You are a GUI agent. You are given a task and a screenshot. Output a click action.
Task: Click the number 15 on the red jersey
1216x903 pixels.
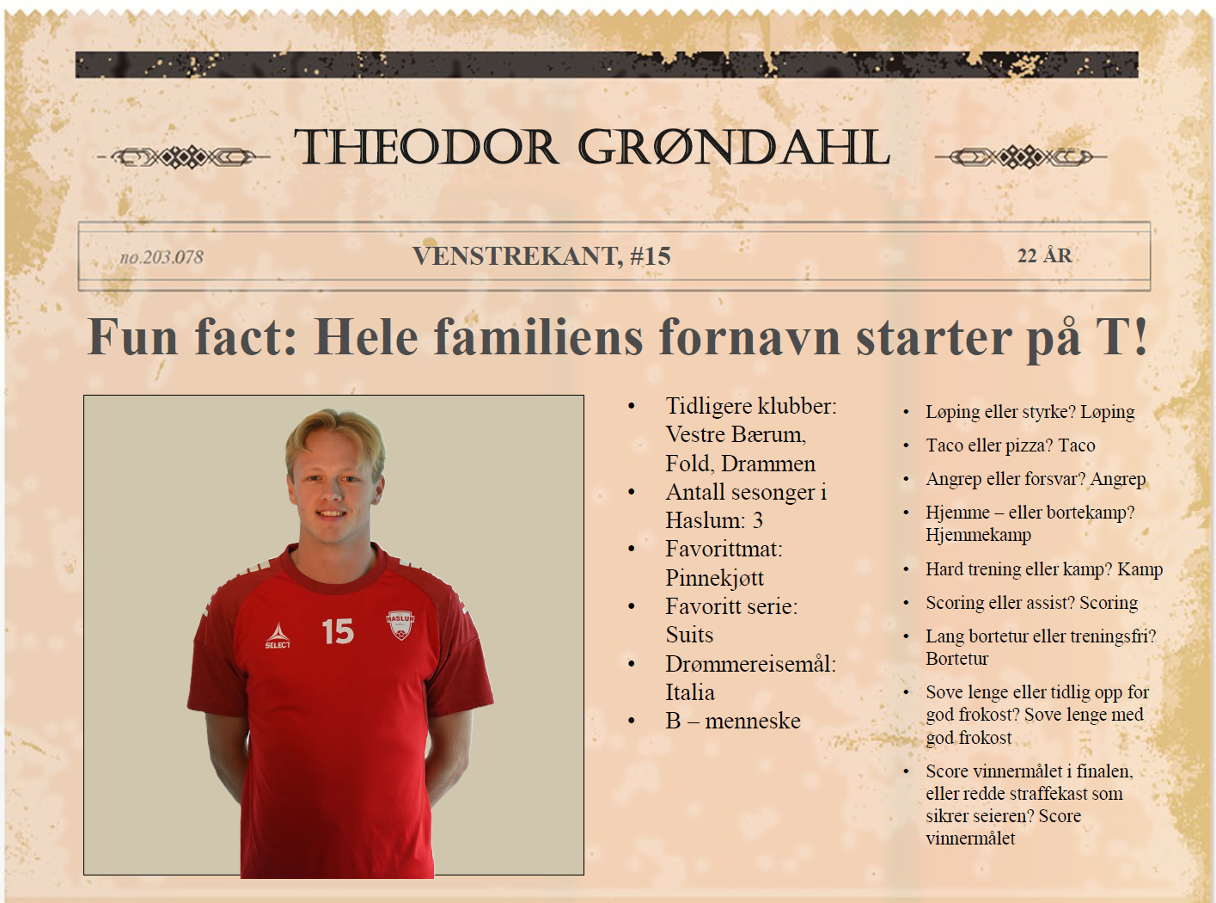coord(338,631)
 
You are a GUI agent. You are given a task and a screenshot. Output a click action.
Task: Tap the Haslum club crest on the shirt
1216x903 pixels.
coord(400,625)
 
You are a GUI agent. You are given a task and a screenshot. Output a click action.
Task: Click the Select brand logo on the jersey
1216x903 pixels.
coord(278,636)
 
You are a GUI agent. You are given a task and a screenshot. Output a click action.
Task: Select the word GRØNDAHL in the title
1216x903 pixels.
coord(734,147)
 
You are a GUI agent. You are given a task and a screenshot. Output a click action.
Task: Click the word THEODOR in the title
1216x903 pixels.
coord(426,147)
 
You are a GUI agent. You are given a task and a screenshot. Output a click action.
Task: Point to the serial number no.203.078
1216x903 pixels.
coord(162,257)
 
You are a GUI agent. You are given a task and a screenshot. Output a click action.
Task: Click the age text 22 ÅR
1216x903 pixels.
coord(1044,255)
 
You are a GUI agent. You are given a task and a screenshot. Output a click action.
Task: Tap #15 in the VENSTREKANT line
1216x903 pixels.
coord(651,256)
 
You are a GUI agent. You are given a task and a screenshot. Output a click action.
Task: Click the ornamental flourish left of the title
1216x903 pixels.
coord(184,157)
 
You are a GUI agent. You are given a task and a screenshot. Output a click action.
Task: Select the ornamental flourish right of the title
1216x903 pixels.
coord(1021,157)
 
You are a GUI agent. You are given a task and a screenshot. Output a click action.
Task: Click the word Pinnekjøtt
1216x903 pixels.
coord(714,578)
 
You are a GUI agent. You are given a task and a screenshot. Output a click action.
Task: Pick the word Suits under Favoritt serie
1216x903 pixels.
coord(689,635)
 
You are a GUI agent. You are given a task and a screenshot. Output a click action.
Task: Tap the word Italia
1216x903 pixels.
coord(690,692)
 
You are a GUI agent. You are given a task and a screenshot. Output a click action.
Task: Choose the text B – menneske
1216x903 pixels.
coord(733,721)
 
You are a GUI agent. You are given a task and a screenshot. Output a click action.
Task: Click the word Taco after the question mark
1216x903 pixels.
coord(1077,445)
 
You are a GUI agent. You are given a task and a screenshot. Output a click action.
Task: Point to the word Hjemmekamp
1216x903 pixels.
coord(979,535)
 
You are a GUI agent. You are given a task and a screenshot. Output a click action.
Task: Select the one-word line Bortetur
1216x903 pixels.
coord(957,658)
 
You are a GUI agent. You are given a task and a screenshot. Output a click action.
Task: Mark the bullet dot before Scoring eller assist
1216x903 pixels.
coord(907,603)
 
